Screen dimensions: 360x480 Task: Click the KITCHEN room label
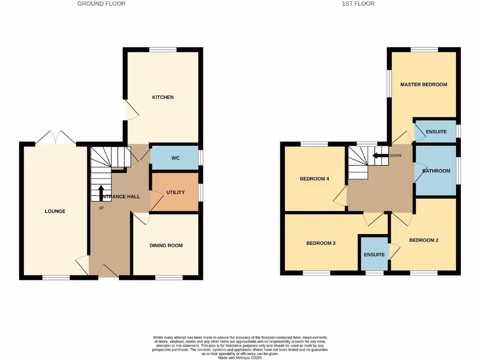pyautogui.click(x=163, y=97)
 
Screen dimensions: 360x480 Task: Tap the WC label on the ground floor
pyautogui.click(x=175, y=158)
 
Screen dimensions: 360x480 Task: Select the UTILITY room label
pyautogui.click(x=175, y=193)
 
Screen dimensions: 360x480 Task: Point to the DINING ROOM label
pyautogui.click(x=166, y=246)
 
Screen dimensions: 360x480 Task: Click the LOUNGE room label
pyautogui.click(x=55, y=211)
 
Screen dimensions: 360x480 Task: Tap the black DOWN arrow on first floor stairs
pyautogui.click(x=380, y=156)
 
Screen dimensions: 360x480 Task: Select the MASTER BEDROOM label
pyautogui.click(x=423, y=85)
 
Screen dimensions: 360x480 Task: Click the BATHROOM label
pyautogui.click(x=436, y=171)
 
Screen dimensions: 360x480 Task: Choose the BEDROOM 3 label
pyautogui.click(x=321, y=243)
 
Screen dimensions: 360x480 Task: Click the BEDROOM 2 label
pyautogui.click(x=424, y=240)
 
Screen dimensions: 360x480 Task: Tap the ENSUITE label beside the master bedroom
pyautogui.click(x=436, y=132)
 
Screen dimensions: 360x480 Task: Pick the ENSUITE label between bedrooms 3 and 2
pyautogui.click(x=374, y=255)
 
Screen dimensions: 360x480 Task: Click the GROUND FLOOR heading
pyautogui.click(x=101, y=4)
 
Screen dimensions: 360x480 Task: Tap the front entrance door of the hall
pyautogui.click(x=108, y=271)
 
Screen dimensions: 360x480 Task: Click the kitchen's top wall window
pyautogui.click(x=163, y=49)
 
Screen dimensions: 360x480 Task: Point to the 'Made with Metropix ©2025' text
pyautogui.click(x=240, y=357)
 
